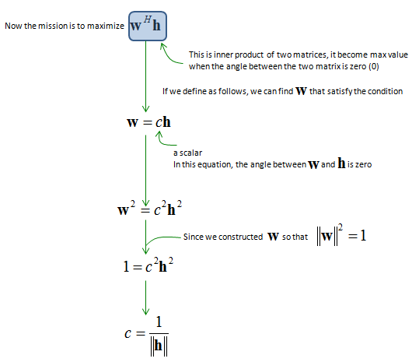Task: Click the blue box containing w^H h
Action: [148, 26]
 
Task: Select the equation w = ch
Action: [148, 122]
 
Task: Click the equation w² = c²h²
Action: [149, 208]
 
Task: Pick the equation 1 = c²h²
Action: [148, 265]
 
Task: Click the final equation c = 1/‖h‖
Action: [147, 336]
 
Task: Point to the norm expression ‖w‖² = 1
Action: [341, 235]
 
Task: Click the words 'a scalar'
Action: [188, 153]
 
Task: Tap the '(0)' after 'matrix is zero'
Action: [374, 66]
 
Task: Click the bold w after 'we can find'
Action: [301, 91]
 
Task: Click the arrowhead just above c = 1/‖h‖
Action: [146, 311]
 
